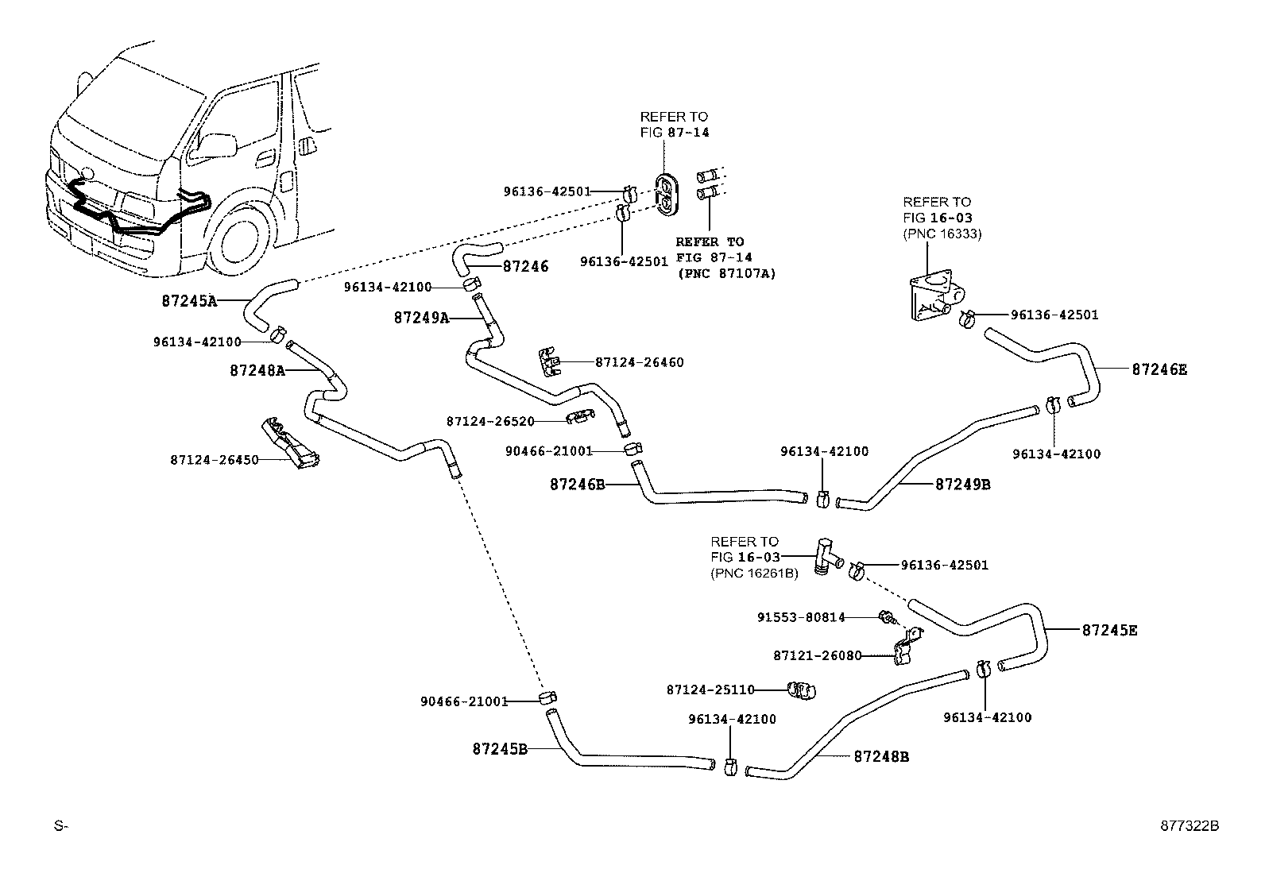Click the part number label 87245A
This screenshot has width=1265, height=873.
tap(188, 301)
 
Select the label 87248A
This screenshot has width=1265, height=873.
tap(257, 370)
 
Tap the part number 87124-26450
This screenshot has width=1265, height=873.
tap(214, 459)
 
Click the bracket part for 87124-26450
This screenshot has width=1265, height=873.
tap(291, 444)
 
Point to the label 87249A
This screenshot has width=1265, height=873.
tap(421, 318)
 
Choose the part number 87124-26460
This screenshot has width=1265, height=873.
tap(639, 362)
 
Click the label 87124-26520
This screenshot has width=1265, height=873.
tap(489, 421)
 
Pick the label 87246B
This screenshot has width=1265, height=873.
tap(577, 483)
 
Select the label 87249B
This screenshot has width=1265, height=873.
tap(962, 484)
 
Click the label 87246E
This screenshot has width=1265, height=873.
tap(1159, 369)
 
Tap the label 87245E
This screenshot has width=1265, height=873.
tap(1109, 630)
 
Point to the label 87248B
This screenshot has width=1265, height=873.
tap(881, 757)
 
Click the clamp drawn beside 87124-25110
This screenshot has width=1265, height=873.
tap(803, 690)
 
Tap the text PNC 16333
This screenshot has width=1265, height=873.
tap(942, 234)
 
